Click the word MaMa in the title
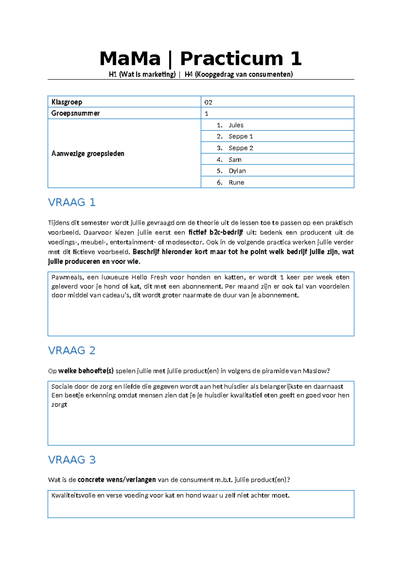[130, 59]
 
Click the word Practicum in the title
[231, 59]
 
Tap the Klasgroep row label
[67, 102]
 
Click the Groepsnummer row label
[75, 113]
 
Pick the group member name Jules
[236, 125]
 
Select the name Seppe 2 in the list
[241, 148]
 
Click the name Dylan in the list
[237, 171]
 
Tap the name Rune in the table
[236, 183]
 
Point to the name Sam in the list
[235, 159]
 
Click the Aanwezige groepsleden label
[88, 153]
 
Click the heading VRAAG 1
[72, 202]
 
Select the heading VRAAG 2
[72, 350]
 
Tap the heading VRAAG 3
[72, 459]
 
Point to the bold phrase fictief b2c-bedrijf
[216, 232]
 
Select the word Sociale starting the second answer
[62, 386]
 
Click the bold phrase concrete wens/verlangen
[117, 480]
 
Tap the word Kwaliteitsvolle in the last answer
[73, 495]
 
